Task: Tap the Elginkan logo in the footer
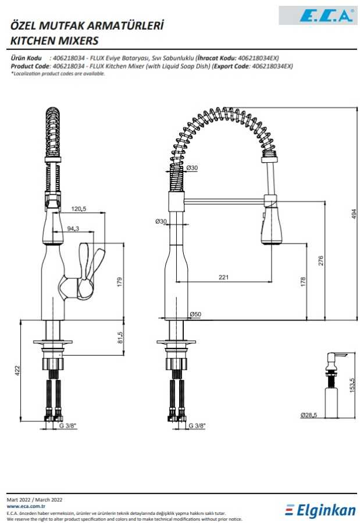(x=320, y=511)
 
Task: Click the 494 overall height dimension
(x=354, y=214)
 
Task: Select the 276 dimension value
(x=321, y=260)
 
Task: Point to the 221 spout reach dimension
(x=223, y=277)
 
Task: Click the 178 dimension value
(x=303, y=281)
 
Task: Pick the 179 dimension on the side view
(x=120, y=282)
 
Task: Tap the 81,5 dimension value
(x=120, y=337)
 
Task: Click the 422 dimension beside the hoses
(x=17, y=370)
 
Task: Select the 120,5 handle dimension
(x=79, y=209)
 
